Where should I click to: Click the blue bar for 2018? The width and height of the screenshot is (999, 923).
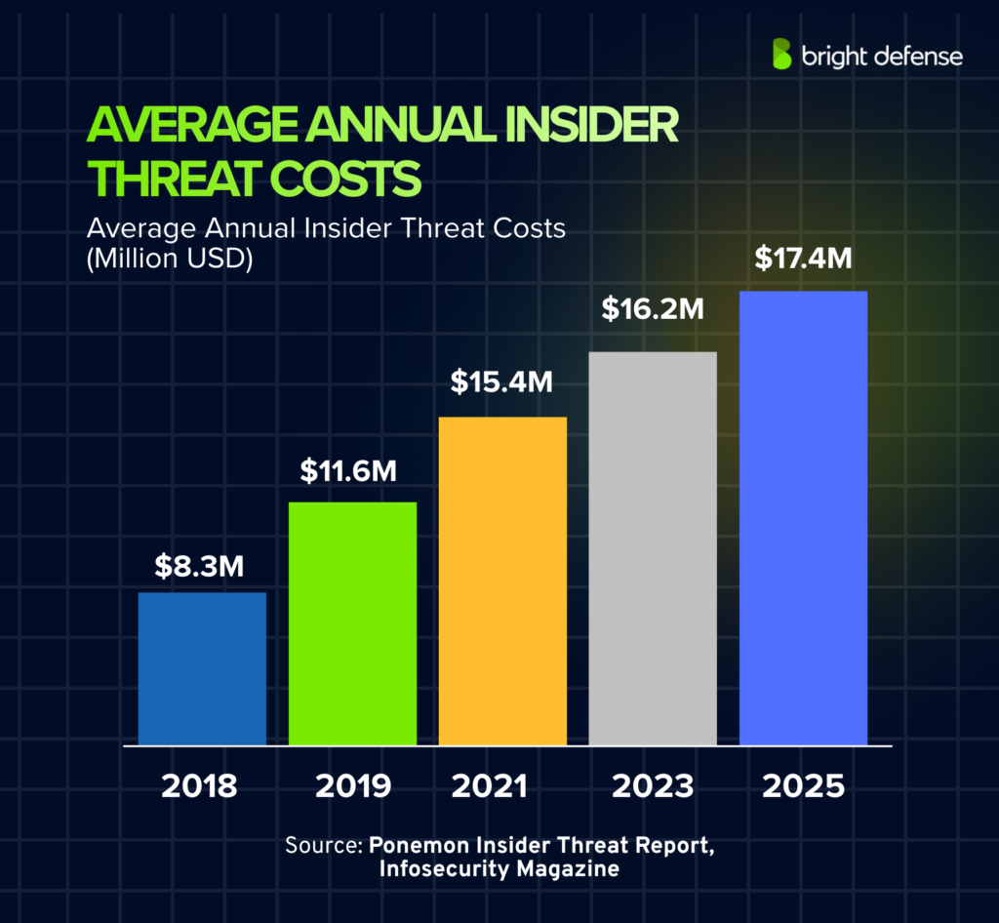click(x=202, y=668)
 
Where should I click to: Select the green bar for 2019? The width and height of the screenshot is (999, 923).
click(x=352, y=623)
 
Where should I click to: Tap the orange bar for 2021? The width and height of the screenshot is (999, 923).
click(x=502, y=581)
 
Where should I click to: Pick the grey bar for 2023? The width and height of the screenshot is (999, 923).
click(x=653, y=548)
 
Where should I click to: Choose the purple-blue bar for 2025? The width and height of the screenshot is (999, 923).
click(x=803, y=518)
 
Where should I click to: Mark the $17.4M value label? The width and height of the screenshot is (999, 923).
click(x=803, y=261)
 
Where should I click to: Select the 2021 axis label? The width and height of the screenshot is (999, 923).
click(x=501, y=785)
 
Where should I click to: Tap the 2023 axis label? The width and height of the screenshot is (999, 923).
click(x=653, y=785)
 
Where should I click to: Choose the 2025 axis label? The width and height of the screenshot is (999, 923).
click(x=803, y=785)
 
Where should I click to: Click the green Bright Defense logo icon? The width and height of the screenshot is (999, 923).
click(x=781, y=55)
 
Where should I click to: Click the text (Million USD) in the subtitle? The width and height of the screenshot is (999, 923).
click(x=169, y=261)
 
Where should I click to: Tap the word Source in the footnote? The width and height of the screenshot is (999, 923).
click(x=319, y=844)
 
